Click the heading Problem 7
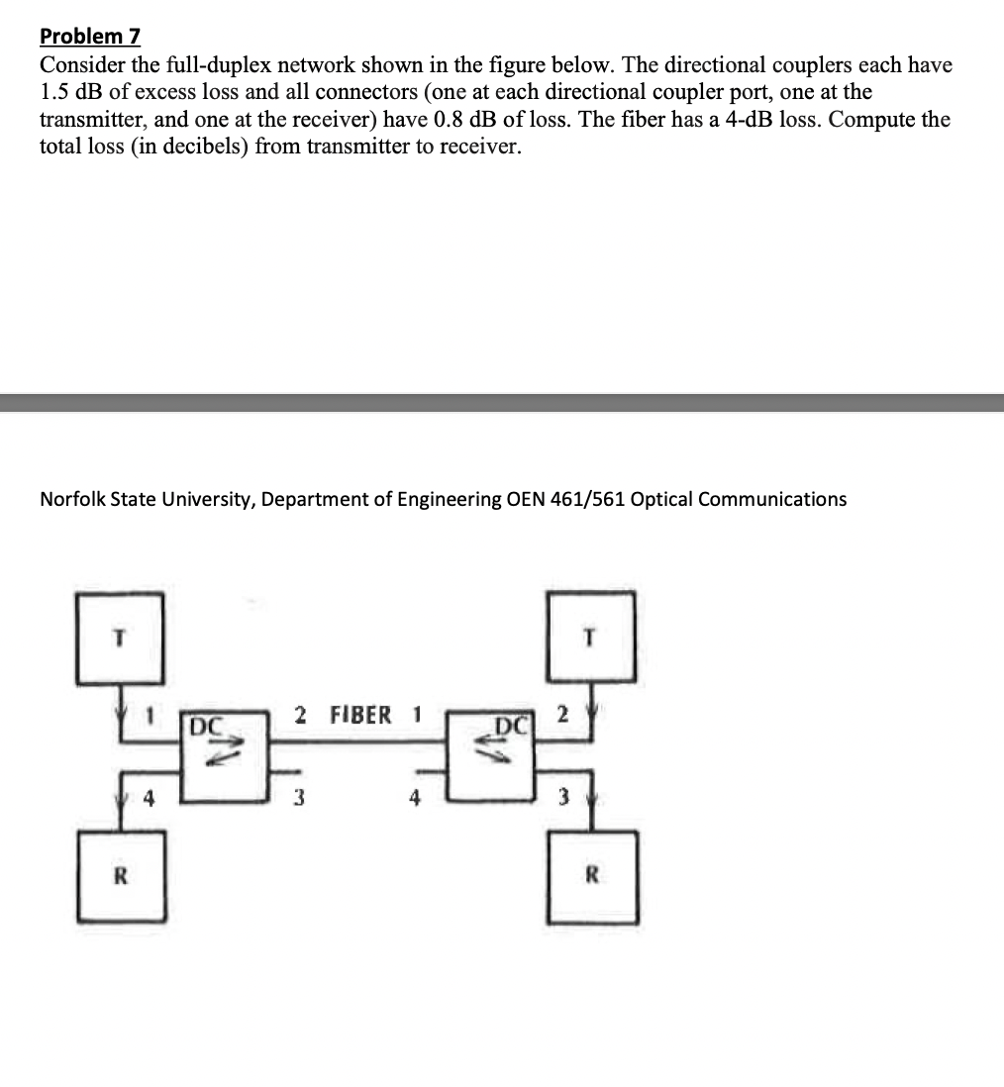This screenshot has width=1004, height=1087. coord(90,37)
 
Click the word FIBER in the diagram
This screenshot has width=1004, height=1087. coord(359,715)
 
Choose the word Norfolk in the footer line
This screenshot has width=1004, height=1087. coord(73,499)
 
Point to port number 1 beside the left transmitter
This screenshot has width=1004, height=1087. coord(148,715)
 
